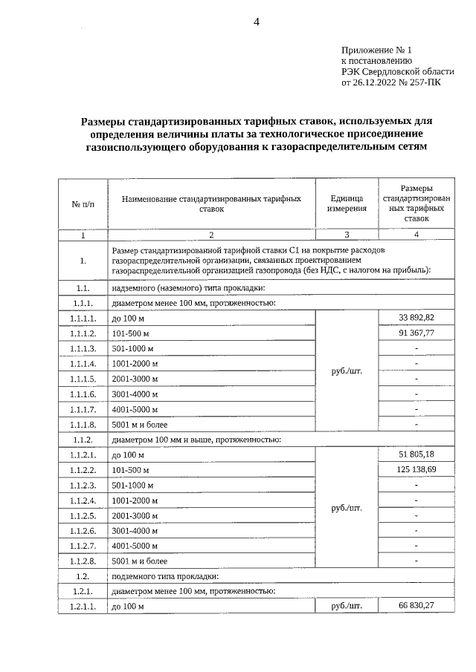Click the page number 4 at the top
pos(256,22)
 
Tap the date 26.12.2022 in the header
pos(376,83)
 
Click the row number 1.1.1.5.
pos(83,379)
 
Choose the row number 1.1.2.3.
pos(83,485)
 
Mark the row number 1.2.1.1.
pos(83,607)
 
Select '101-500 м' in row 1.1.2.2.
pos(130,470)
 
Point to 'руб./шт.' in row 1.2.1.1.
pos(346,607)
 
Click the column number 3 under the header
pos(346,235)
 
